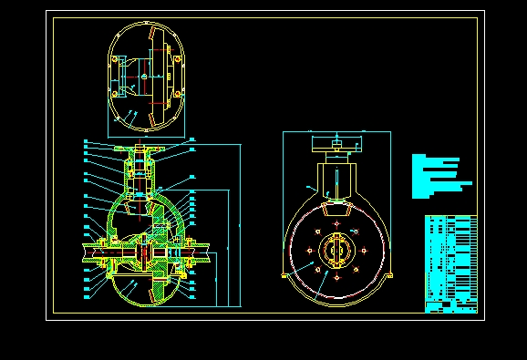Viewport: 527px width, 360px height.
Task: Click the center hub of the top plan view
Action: pyautogui.click(x=146, y=77)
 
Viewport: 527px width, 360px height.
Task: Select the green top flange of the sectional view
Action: pyautogui.click(x=139, y=148)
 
